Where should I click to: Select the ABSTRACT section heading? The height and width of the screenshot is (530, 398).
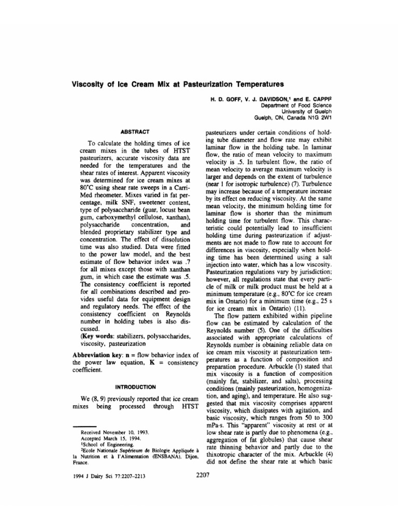(135, 132)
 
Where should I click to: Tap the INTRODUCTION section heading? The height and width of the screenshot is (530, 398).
(135, 387)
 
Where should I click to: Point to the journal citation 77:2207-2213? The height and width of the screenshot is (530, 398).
(127, 477)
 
